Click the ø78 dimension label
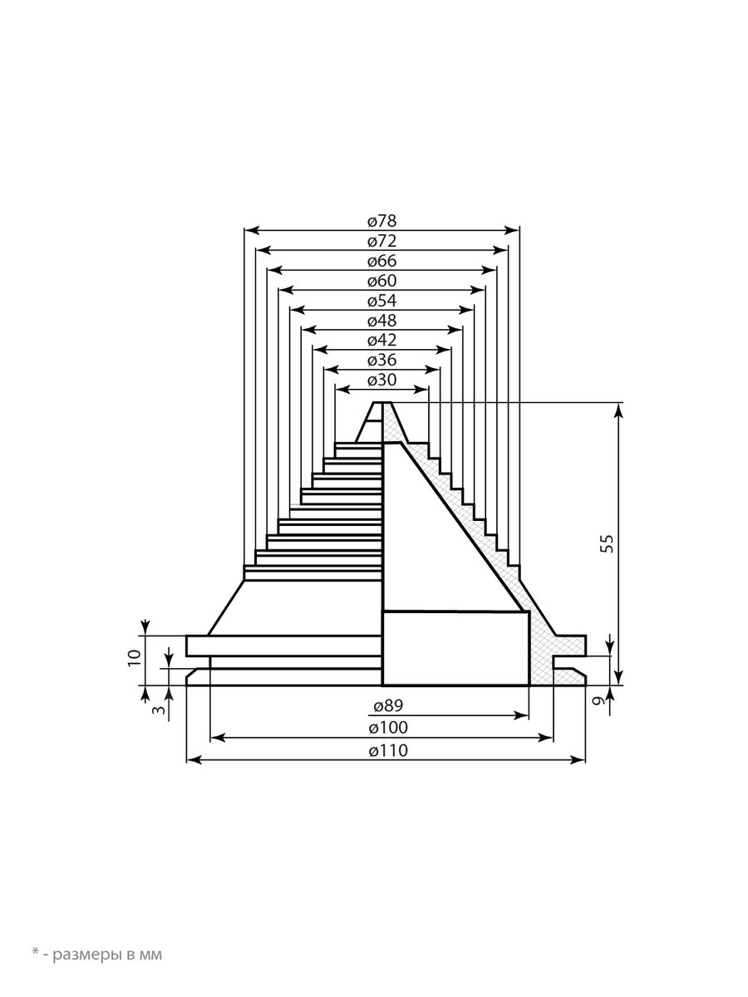tap(382, 221)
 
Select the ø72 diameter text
tap(382, 241)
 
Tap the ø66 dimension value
tap(382, 261)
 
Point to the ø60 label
tap(382, 281)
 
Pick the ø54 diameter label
tap(382, 300)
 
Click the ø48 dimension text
tap(382, 320)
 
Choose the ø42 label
tap(382, 340)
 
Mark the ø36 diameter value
tap(382, 360)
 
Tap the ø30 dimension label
tap(382, 379)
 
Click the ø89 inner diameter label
tap(388, 705)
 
